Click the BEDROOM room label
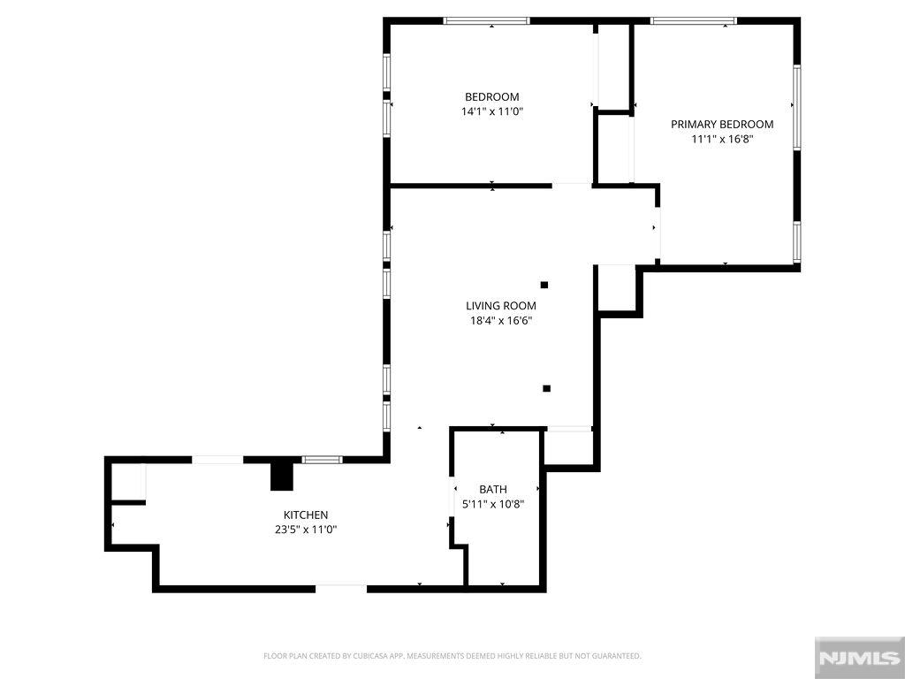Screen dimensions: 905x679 click(491, 97)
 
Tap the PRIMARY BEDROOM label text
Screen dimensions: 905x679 click(722, 124)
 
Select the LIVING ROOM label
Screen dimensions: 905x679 click(501, 306)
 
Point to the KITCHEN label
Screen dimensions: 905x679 click(306, 515)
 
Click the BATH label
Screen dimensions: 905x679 click(493, 490)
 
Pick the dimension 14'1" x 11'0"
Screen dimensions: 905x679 click(491, 111)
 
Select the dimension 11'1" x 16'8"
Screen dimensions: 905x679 click(723, 139)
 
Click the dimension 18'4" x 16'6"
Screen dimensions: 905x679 click(501, 320)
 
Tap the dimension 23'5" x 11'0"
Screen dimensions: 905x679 click(306, 530)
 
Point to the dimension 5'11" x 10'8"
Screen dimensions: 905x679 click(493, 504)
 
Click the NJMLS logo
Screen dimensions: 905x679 click(859, 658)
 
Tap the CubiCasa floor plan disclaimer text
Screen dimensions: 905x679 click(452, 656)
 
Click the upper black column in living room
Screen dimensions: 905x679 click(544, 285)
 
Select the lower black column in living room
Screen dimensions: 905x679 click(546, 389)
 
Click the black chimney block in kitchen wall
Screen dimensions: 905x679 click(282, 477)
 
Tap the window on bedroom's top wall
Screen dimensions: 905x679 click(487, 21)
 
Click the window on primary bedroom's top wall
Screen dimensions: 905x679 click(693, 21)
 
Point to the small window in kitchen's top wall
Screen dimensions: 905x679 click(322, 460)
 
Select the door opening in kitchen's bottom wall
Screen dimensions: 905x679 click(341, 589)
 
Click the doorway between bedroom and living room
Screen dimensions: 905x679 click(572, 186)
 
